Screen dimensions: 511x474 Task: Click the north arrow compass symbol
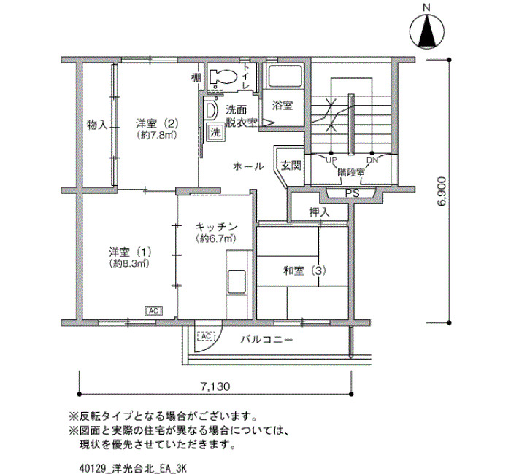(427, 31)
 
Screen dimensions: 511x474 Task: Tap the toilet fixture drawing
(223, 77)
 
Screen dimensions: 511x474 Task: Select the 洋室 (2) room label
(158, 124)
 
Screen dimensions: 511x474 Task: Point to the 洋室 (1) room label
(130, 252)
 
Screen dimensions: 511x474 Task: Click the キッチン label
(216, 227)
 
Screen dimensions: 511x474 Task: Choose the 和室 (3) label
(304, 271)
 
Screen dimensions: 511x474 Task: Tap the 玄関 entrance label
(291, 166)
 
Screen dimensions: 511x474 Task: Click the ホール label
(248, 166)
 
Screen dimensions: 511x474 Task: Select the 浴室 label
(283, 106)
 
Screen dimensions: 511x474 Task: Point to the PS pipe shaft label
(353, 193)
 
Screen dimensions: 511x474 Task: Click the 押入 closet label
(320, 212)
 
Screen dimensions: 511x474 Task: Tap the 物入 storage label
(97, 125)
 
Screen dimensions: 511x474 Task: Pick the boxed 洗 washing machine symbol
(215, 132)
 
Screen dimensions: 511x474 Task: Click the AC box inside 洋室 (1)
(153, 311)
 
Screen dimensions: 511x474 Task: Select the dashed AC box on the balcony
(207, 335)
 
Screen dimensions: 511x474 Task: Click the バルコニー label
(267, 340)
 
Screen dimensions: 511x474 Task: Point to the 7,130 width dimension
(215, 386)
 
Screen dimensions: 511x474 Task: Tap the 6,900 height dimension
(442, 191)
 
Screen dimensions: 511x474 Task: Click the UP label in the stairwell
(331, 160)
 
